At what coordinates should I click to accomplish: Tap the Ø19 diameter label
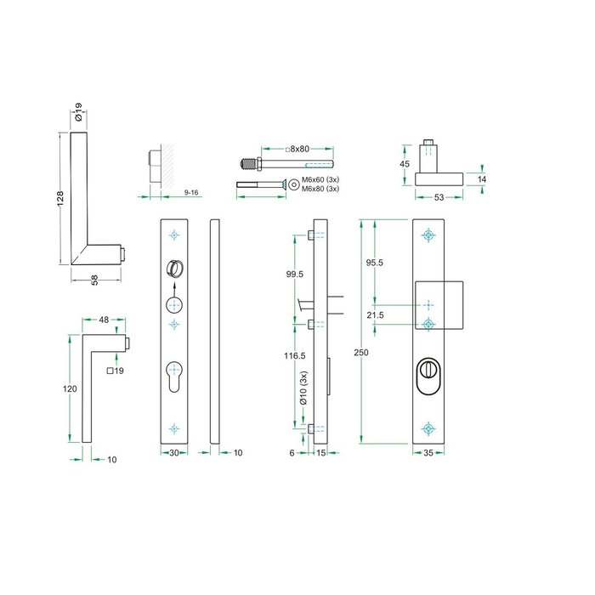point(78,112)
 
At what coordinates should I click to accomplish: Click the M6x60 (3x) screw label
point(320,180)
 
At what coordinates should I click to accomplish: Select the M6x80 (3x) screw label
point(320,189)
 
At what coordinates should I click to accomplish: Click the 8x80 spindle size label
point(298,149)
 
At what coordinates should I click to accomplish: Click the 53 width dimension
point(439,197)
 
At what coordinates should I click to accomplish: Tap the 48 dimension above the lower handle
point(103,320)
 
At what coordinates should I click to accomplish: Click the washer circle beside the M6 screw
point(293,184)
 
